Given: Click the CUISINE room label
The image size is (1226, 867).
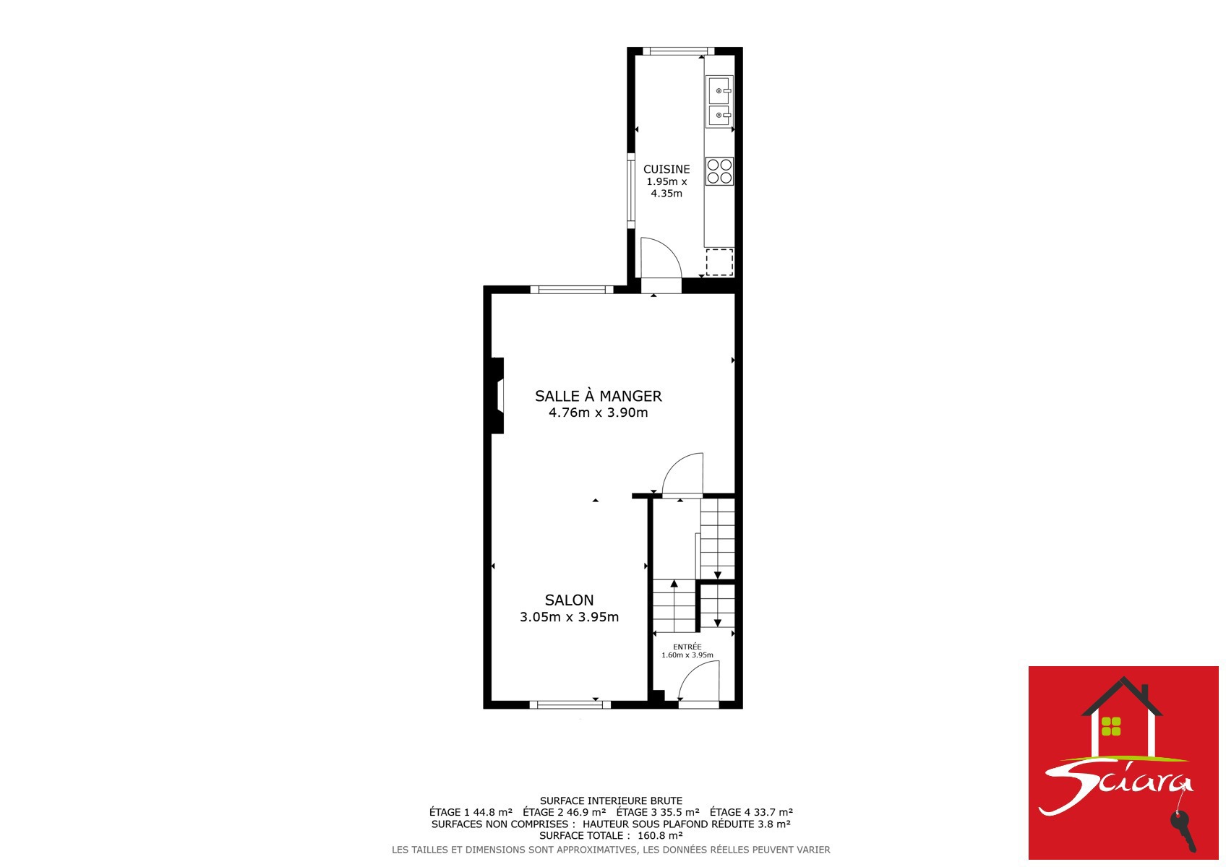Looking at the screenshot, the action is [666, 170].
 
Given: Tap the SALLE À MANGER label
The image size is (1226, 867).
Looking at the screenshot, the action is [599, 395].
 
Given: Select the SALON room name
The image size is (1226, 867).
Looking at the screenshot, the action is [569, 600].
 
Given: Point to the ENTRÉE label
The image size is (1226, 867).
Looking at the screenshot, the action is [687, 647].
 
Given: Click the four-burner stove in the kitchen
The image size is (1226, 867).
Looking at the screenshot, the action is [719, 171].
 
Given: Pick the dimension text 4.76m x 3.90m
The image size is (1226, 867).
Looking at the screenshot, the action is [599, 413].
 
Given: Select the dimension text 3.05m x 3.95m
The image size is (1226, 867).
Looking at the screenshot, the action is [569, 617].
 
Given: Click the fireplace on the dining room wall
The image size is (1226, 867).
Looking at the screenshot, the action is [497, 395].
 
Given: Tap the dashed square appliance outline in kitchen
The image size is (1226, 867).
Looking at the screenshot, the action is [719, 262].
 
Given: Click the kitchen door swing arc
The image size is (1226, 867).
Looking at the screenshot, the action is [671, 249].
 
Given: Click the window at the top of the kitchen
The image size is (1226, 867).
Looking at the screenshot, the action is [679, 51].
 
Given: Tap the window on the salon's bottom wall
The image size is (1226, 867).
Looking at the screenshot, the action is [570, 705].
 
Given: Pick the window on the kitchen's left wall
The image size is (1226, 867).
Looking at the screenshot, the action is [630, 191].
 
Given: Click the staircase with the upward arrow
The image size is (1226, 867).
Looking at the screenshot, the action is [674, 605].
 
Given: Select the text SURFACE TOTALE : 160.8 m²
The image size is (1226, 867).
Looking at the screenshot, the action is [611, 835].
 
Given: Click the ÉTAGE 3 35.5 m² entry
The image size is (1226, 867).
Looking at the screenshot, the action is [658, 812].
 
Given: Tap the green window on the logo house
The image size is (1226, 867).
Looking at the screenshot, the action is [1111, 726].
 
